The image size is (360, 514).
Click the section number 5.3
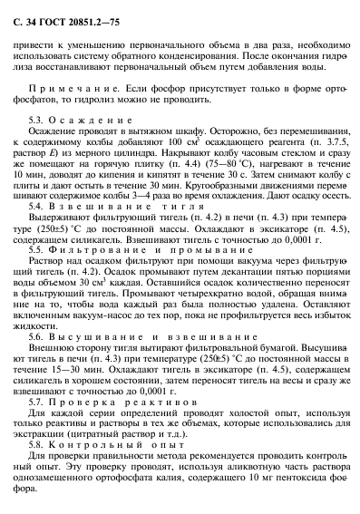63,120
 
